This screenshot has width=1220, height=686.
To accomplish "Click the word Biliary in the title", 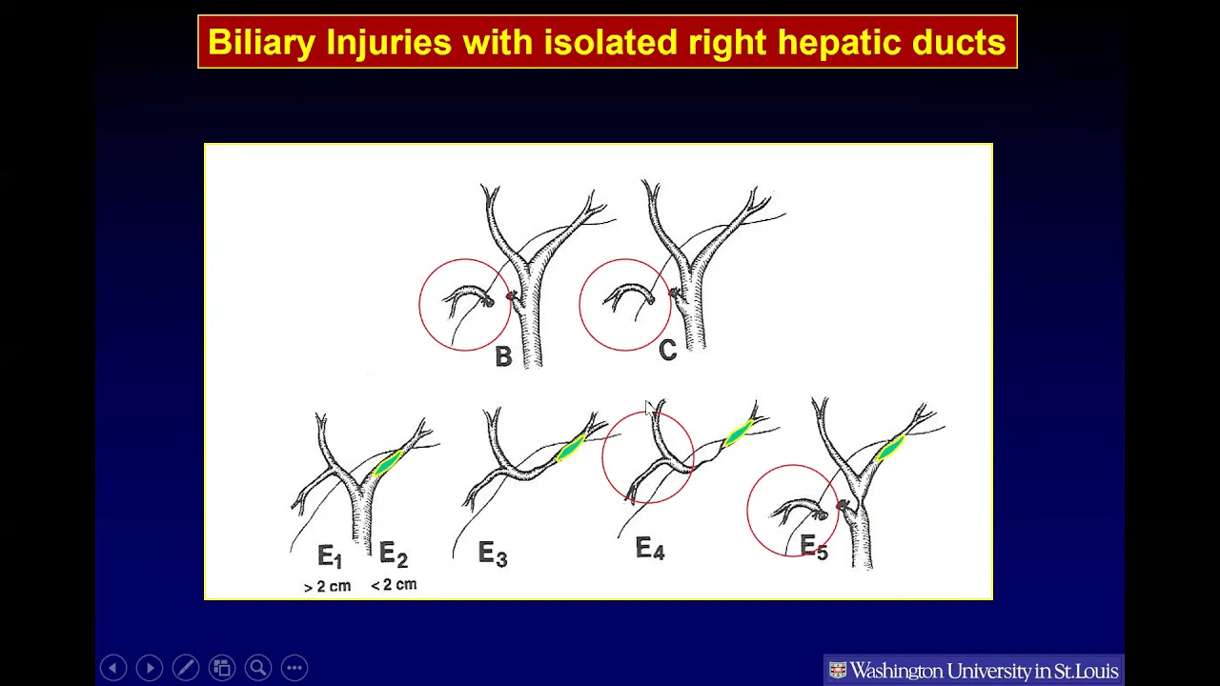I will click(262, 43).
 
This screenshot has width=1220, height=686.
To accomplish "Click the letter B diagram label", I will click(503, 356).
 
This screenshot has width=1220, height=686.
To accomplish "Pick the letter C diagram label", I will click(667, 351).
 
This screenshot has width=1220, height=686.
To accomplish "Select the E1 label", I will click(330, 556).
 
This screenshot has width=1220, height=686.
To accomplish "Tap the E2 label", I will click(393, 555).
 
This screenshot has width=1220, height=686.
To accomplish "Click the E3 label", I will click(493, 554).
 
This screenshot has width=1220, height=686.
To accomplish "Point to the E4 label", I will click(650, 549).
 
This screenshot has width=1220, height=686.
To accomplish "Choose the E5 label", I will click(814, 547).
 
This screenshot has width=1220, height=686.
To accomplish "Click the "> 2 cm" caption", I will click(327, 587).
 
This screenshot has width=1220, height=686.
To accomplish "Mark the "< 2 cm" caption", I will click(394, 585).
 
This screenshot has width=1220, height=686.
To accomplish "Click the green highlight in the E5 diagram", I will click(889, 447).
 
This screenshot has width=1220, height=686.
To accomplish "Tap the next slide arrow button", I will click(150, 668).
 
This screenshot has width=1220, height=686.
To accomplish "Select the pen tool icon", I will click(186, 668).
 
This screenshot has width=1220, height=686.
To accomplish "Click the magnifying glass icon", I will click(258, 668).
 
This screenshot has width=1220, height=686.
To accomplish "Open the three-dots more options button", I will click(295, 668).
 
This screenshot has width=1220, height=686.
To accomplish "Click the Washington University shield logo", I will click(838, 671).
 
